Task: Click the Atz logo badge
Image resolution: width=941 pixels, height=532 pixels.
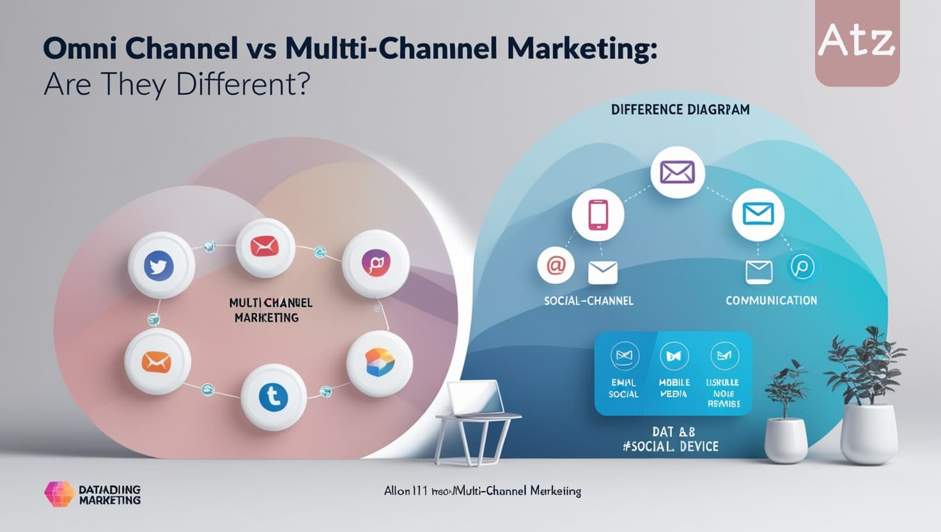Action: [x=857, y=42]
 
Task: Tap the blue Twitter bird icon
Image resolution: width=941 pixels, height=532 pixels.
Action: [x=161, y=265]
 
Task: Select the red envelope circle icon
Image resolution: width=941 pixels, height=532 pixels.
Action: [x=265, y=246]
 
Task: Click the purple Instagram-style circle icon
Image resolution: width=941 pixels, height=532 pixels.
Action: [x=375, y=263]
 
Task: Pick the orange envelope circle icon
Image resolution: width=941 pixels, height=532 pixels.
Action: [x=157, y=363]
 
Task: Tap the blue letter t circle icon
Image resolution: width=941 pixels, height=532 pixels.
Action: [x=274, y=397]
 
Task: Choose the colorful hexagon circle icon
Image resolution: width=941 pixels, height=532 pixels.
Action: [x=379, y=363]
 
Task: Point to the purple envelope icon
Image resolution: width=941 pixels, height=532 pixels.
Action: [x=677, y=172]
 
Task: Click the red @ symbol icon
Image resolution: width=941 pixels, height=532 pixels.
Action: [x=556, y=265]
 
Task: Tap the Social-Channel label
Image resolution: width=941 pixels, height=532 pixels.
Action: [x=588, y=301]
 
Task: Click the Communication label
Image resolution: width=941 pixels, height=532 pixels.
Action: [x=771, y=301]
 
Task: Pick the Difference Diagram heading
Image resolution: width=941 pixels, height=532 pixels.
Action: [x=680, y=109]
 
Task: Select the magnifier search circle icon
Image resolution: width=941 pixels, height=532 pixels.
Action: [x=802, y=267]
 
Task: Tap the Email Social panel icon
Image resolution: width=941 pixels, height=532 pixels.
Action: [x=625, y=356]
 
